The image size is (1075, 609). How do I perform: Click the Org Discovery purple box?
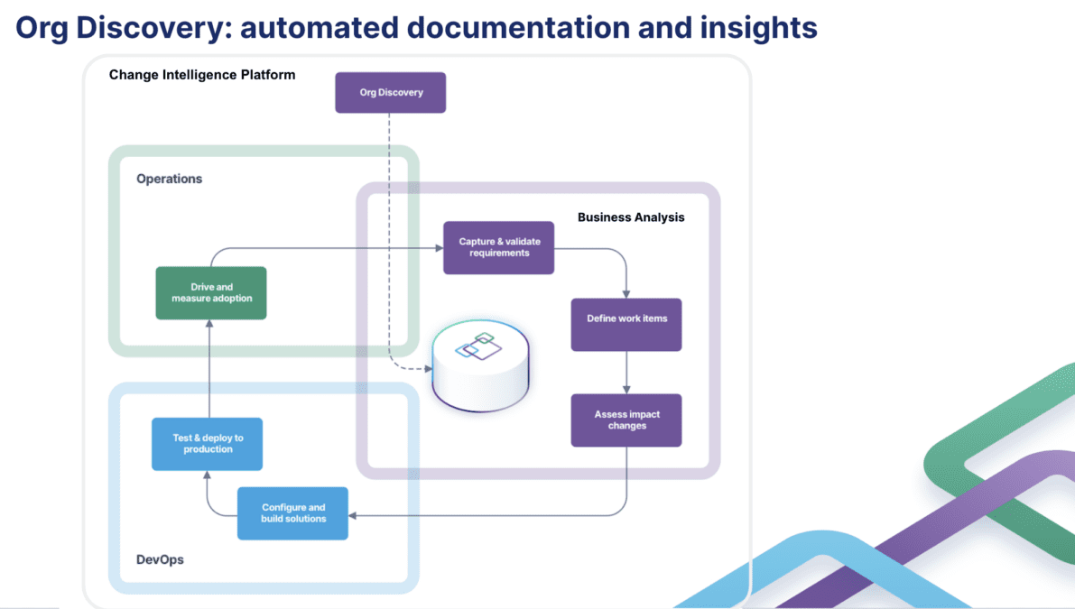(390, 93)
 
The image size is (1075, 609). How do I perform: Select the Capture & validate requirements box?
(498, 248)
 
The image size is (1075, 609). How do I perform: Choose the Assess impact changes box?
(626, 420)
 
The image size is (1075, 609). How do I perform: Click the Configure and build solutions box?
(292, 513)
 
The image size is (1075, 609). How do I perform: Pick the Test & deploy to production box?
(208, 444)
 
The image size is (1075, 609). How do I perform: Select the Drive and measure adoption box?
(211, 293)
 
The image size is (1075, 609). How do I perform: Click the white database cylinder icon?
(480, 369)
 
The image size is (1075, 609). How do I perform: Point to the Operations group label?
(170, 179)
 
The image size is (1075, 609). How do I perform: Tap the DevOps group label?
(160, 559)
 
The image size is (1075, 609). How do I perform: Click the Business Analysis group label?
(631, 217)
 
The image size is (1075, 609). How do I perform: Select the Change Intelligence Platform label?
(202, 75)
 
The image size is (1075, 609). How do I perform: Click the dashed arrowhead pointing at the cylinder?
(428, 369)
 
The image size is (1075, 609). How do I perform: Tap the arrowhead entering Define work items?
(626, 294)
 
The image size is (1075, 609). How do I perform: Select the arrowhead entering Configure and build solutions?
(353, 515)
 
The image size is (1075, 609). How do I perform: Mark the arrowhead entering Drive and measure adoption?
(209, 324)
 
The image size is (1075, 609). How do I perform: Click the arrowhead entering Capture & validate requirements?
(439, 248)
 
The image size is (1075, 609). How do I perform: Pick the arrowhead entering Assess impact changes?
(626, 390)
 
